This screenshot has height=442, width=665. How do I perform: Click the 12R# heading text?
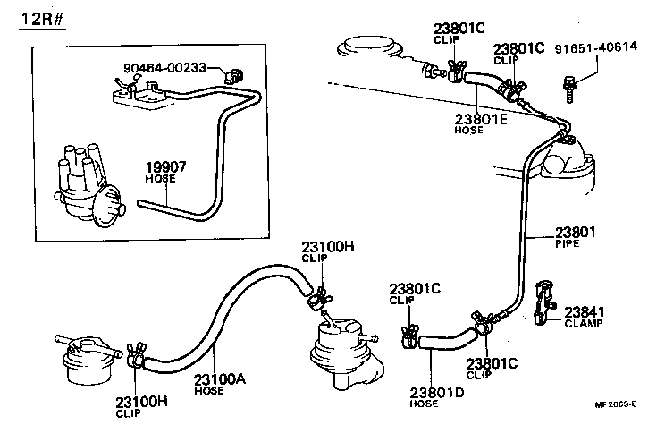point(41,19)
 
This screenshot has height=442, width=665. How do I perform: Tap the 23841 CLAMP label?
point(585,317)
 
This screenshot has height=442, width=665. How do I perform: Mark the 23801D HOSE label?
point(437,395)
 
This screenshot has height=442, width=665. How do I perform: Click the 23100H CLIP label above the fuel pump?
point(327,251)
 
